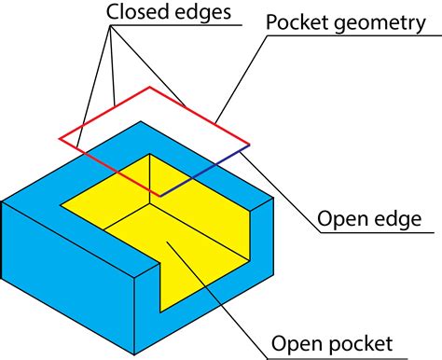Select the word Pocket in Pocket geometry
pyautogui.click(x=296, y=22)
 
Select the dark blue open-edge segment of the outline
pyautogui.click(x=205, y=171)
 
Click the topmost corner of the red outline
pyautogui.click(x=148, y=88)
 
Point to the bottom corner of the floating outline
pyautogui.click(x=160, y=196)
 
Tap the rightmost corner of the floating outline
pyautogui.click(x=250, y=145)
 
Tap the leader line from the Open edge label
pyautogui.click(x=280, y=187)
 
